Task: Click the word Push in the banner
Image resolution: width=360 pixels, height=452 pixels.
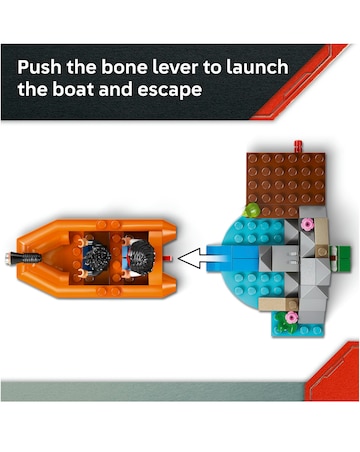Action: pyautogui.click(x=39, y=67)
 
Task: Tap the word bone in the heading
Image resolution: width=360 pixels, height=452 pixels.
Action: pyautogui.click(x=124, y=67)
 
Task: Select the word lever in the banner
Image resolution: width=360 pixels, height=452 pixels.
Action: pyautogui.click(x=175, y=67)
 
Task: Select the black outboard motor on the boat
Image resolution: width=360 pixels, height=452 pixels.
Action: pyautogui.click(x=23, y=258)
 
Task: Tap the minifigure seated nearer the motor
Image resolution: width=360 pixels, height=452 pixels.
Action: pyautogui.click(x=94, y=259)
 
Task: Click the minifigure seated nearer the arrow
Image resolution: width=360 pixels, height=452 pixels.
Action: pyautogui.click(x=139, y=257)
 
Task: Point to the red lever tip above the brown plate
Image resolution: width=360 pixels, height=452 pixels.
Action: pyautogui.click(x=298, y=146)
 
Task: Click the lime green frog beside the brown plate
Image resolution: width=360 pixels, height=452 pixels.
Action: pyautogui.click(x=251, y=210)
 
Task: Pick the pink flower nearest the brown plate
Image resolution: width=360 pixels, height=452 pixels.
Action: pyautogui.click(x=307, y=224)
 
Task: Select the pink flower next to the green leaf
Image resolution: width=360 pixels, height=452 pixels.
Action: pyautogui.click(x=292, y=317)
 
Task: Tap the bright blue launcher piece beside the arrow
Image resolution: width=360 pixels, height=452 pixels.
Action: pyautogui.click(x=232, y=258)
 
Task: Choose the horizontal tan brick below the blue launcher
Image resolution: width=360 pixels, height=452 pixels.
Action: pyautogui.click(x=278, y=304)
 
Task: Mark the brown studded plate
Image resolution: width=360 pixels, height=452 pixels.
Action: pyautogui.click(x=286, y=184)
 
